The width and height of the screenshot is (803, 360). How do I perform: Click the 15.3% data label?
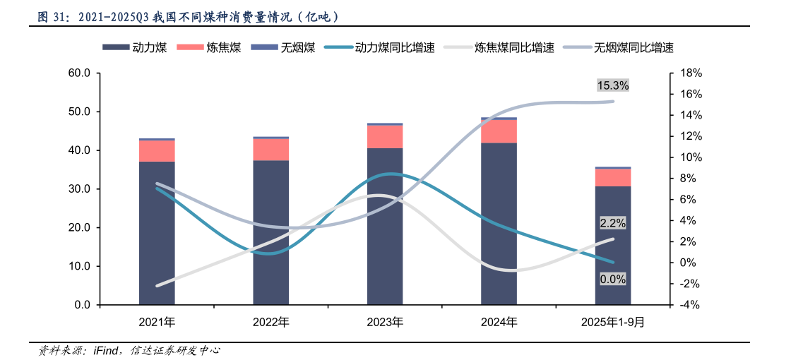pyautogui.click(x=612, y=85)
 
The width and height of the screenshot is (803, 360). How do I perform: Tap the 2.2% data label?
pyautogui.click(x=612, y=223)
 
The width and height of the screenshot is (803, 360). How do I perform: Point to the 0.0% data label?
pyautogui.click(x=612, y=279)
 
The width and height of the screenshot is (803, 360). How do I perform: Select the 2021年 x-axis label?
pyautogui.click(x=157, y=322)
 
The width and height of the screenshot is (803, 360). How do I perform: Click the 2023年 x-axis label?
pyautogui.click(x=385, y=322)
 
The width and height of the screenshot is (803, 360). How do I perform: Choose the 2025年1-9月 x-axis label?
pyautogui.click(x=613, y=322)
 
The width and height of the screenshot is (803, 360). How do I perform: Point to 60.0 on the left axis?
pyautogui.click(x=78, y=73)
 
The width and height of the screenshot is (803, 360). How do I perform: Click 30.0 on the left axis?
pyautogui.click(x=78, y=189)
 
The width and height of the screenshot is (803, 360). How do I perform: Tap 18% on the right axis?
pyautogui.click(x=690, y=73)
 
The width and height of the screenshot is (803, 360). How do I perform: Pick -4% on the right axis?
pyautogui.click(x=690, y=305)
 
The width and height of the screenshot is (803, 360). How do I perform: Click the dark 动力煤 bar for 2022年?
pyautogui.click(x=271, y=233)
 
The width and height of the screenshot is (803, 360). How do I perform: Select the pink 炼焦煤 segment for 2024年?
pyautogui.click(x=499, y=131)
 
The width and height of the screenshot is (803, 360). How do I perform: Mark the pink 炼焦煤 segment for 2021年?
pyautogui.click(x=157, y=151)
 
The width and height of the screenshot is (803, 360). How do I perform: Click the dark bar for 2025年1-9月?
pyautogui.click(x=613, y=246)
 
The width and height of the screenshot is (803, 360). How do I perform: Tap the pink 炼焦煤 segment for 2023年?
pyautogui.click(x=385, y=136)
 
